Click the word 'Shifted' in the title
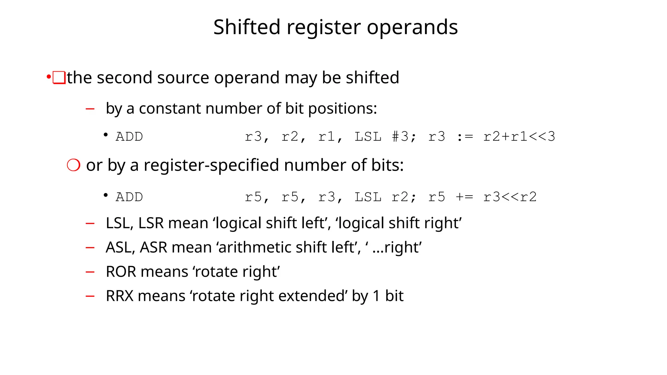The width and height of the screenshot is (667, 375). (x=247, y=27)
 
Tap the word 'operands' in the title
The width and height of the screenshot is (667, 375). (x=412, y=28)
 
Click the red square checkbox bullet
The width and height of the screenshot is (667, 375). (x=59, y=78)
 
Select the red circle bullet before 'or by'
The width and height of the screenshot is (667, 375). (x=74, y=165)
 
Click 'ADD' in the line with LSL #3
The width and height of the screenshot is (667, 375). (x=129, y=137)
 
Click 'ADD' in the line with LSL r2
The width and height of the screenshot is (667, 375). (x=129, y=197)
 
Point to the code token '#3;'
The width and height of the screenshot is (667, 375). (x=404, y=137)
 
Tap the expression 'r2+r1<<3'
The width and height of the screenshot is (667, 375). (x=519, y=137)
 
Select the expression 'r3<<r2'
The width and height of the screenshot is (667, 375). (x=510, y=197)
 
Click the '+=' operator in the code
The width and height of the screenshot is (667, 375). (x=464, y=197)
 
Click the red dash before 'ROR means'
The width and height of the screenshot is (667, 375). (x=90, y=272)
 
